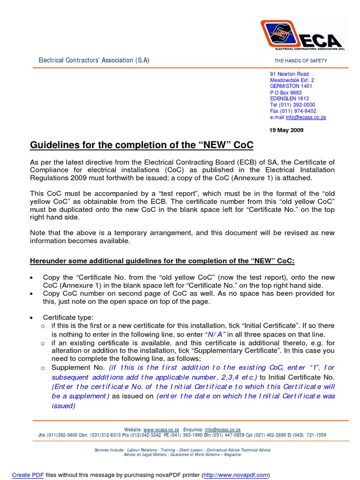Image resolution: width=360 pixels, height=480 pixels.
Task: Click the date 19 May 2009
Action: (x=286, y=130)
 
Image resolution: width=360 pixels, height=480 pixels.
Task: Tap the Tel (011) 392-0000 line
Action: (x=292, y=105)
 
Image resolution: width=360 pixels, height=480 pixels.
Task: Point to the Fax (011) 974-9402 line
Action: (x=293, y=111)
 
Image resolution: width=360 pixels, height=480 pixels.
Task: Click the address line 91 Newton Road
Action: (x=289, y=74)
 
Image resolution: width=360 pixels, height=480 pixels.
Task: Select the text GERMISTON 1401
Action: (x=291, y=86)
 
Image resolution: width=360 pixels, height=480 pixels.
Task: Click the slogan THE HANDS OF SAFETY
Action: (x=300, y=61)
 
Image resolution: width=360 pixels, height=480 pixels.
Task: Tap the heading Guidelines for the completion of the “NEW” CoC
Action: (x=142, y=145)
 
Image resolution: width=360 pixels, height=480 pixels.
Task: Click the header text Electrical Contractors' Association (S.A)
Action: (x=94, y=60)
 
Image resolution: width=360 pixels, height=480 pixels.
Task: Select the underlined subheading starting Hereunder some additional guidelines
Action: (x=162, y=261)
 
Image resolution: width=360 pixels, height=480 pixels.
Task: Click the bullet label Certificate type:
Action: (x=68, y=317)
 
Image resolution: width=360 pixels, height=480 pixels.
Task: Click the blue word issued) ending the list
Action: (x=63, y=406)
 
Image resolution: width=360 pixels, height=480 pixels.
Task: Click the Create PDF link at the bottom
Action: (x=28, y=475)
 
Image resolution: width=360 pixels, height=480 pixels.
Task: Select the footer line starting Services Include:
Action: (x=182, y=450)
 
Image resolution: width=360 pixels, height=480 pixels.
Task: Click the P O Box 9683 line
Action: (x=286, y=93)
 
